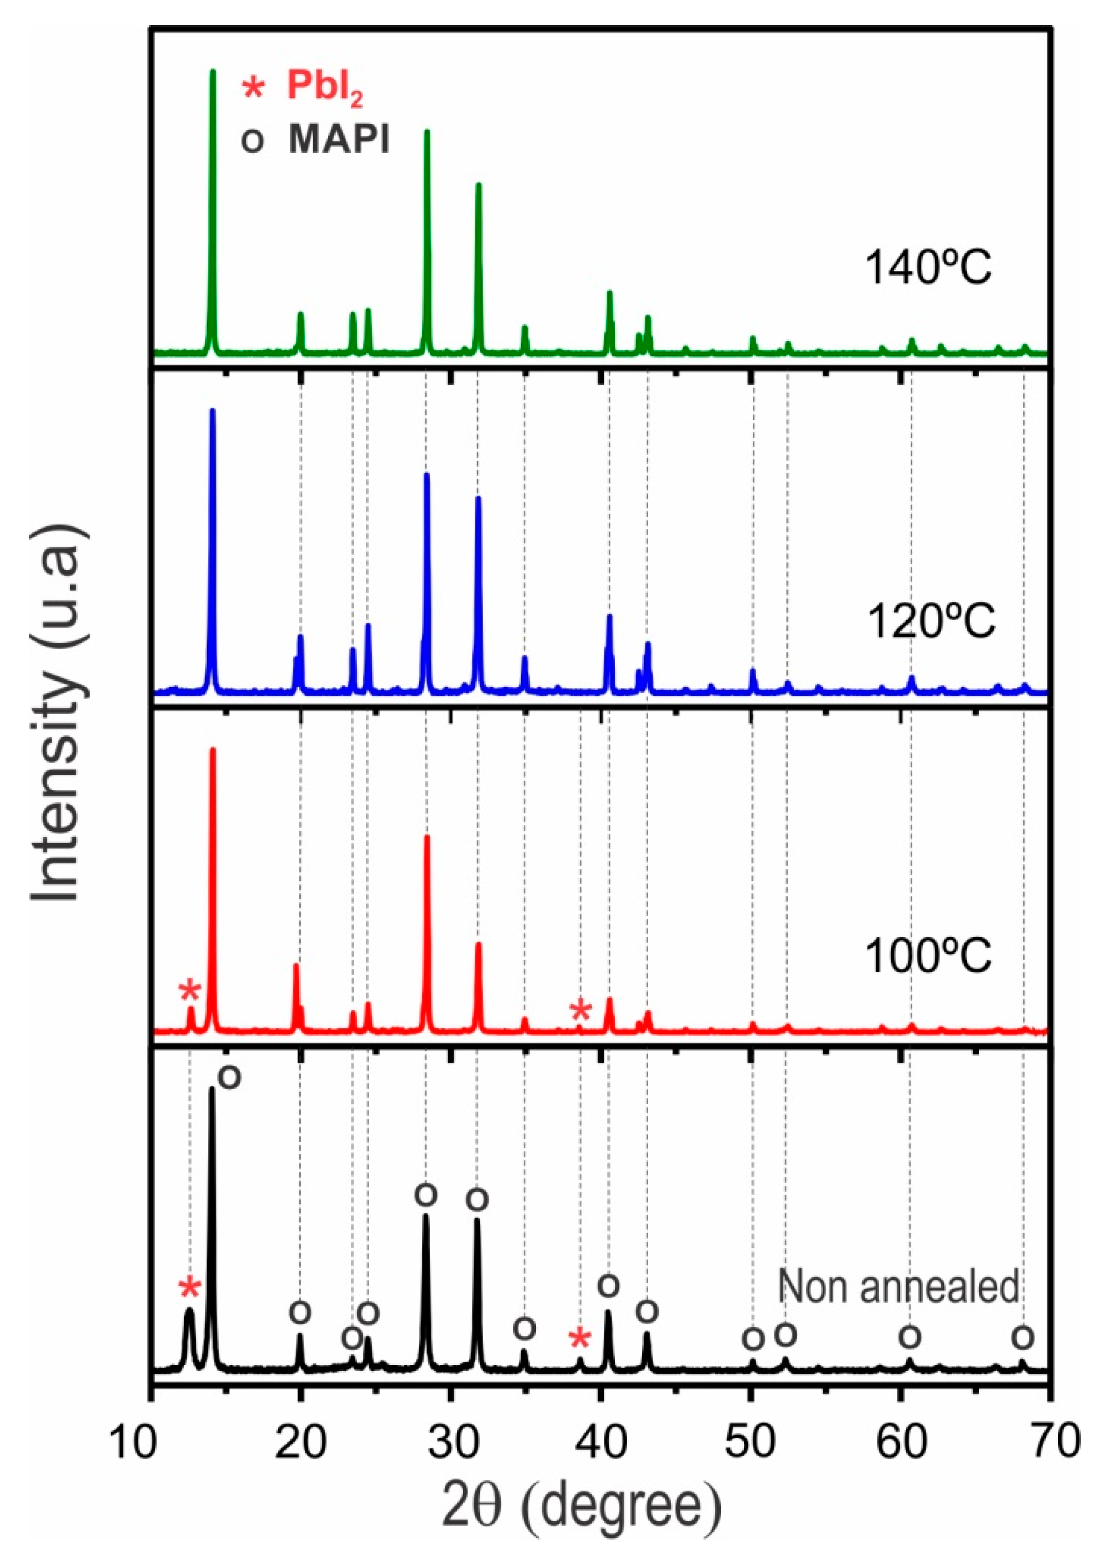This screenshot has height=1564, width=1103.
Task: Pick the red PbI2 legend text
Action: (325, 88)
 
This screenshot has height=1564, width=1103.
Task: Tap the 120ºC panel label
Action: (931, 622)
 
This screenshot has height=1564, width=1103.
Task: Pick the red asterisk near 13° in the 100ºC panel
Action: (190, 992)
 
